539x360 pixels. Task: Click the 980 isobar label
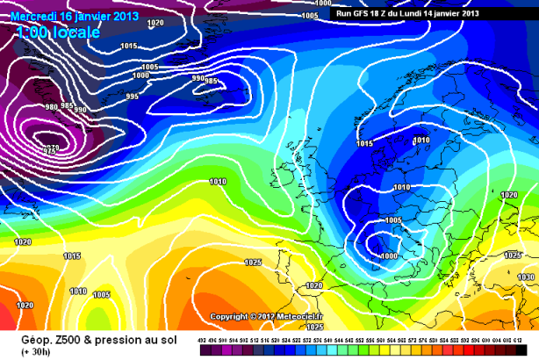(x=52, y=105)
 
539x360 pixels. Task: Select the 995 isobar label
(x=133, y=97)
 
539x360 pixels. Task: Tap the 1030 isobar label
(x=526, y=277)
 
